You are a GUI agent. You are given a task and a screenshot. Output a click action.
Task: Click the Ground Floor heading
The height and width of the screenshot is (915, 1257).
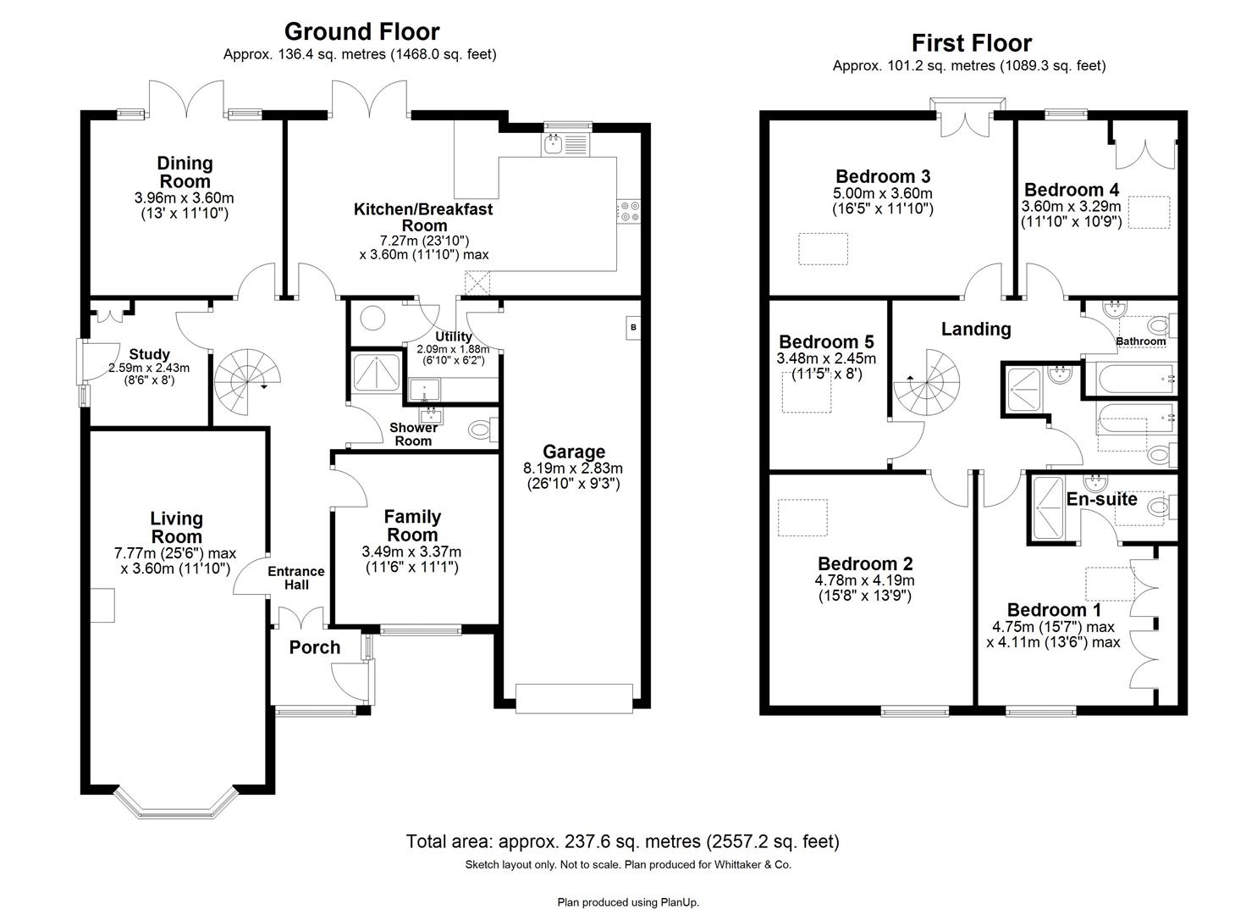tap(361, 32)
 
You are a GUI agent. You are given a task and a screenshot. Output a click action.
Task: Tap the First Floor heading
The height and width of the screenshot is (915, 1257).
tap(972, 43)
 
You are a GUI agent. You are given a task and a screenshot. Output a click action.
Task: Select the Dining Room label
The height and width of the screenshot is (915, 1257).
tap(185, 172)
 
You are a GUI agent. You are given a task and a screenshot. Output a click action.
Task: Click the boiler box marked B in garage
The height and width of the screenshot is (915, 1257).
tap(632, 327)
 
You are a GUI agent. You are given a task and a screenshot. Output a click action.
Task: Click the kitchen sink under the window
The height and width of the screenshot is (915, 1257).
tap(554, 144)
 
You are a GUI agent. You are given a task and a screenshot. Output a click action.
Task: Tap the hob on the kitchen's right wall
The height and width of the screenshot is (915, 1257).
tap(628, 211)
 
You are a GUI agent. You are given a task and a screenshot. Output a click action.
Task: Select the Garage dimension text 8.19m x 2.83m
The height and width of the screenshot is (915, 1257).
tap(574, 469)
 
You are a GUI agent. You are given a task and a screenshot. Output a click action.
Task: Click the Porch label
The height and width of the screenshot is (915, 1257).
tap(315, 647)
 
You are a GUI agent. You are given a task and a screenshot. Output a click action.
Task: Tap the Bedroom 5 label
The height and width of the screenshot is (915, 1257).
tap(826, 342)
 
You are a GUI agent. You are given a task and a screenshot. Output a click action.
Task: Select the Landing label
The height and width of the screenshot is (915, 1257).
tap(976, 329)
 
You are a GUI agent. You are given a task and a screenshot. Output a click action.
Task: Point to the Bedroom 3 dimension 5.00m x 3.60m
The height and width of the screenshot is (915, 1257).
tap(883, 193)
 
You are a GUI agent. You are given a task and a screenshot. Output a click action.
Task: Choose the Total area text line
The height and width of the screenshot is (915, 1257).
tap(622, 842)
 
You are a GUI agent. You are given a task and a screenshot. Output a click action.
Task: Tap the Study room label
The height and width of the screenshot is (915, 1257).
tap(150, 354)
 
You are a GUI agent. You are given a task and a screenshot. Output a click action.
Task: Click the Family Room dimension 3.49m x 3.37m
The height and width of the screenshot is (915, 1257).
tap(411, 552)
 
